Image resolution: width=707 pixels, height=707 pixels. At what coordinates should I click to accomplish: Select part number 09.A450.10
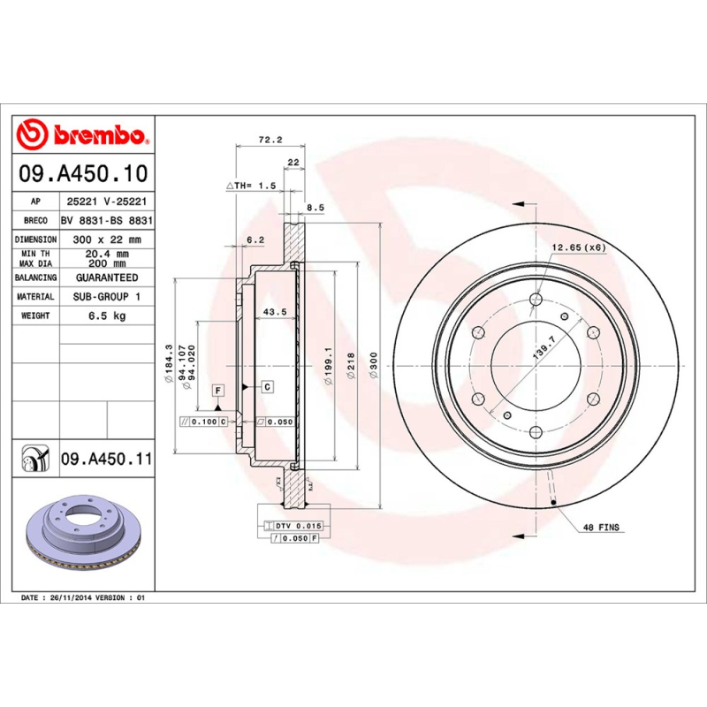pyautogui.click(x=82, y=173)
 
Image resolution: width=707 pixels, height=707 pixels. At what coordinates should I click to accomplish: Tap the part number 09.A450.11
pyautogui.click(x=106, y=460)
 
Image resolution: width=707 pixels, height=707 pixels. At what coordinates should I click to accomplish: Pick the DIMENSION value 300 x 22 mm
pyautogui.click(x=108, y=239)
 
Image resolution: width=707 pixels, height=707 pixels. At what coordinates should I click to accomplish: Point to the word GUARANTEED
pyautogui.click(x=108, y=277)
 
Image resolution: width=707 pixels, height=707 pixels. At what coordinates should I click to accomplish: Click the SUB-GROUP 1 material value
pyautogui.click(x=108, y=297)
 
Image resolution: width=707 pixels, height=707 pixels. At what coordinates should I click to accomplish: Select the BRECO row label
pyautogui.click(x=36, y=221)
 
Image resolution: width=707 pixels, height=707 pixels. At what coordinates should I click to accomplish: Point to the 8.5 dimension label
pyautogui.click(x=315, y=208)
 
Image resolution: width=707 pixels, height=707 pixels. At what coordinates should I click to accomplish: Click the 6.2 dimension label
pyautogui.click(x=256, y=239)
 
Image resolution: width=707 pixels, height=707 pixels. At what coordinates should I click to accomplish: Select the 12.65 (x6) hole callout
pyautogui.click(x=579, y=247)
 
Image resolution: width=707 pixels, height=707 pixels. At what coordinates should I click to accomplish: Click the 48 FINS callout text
pyautogui.click(x=601, y=528)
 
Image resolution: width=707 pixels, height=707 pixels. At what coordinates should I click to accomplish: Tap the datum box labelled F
pyautogui.click(x=217, y=390)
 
